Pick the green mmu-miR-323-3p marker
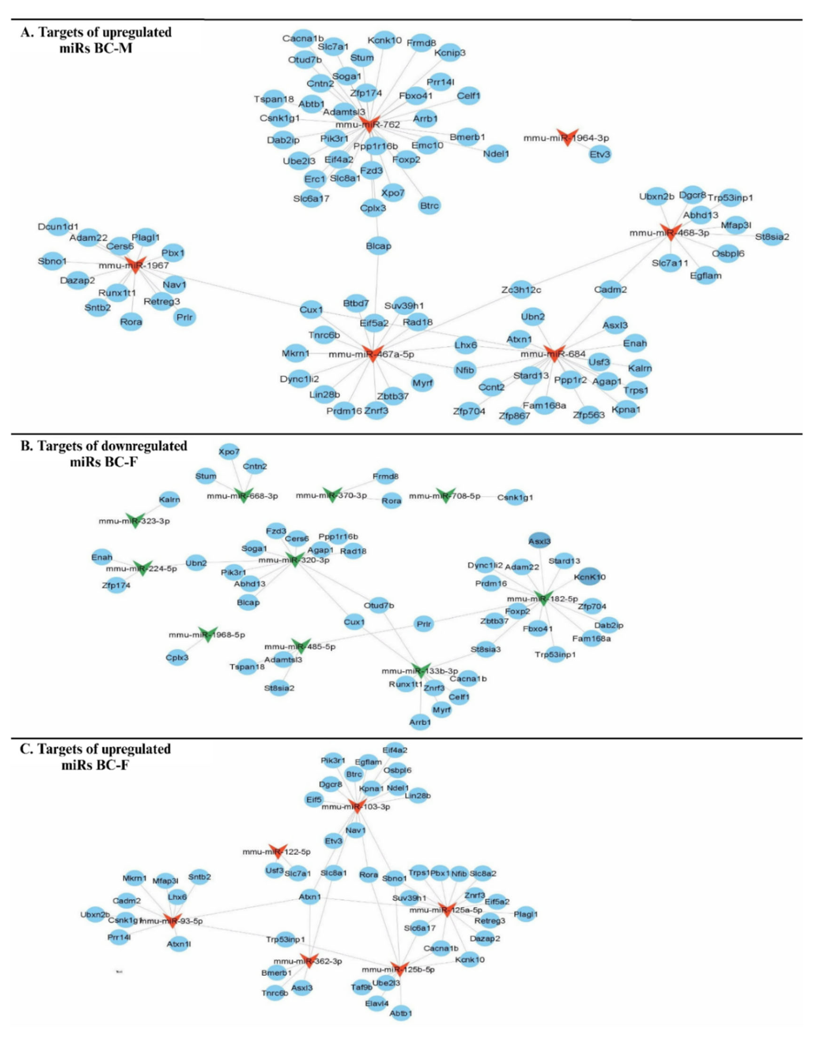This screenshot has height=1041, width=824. coord(135,520)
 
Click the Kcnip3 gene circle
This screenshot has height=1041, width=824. coord(450,53)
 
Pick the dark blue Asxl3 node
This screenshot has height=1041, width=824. coord(539,541)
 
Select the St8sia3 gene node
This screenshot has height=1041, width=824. coord(485,649)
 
